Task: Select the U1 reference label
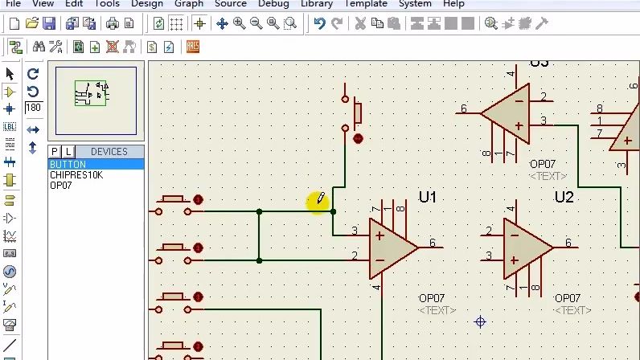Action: pos(427,197)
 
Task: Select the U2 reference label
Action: pos(564,197)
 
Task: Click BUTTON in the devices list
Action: pos(68,165)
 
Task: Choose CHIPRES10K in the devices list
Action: pos(76,175)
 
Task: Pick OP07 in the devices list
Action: pos(61,186)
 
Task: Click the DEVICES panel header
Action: pos(109,152)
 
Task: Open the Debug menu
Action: pos(273,4)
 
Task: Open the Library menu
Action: pos(316,4)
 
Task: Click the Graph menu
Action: pos(189,4)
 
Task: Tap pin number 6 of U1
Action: pos(433,243)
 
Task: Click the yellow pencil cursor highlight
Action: pos(318,201)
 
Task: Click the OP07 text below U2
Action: pos(568,299)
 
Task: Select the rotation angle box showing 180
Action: pos(33,108)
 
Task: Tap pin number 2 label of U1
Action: pos(355,256)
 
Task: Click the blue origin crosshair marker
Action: pos(480,322)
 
